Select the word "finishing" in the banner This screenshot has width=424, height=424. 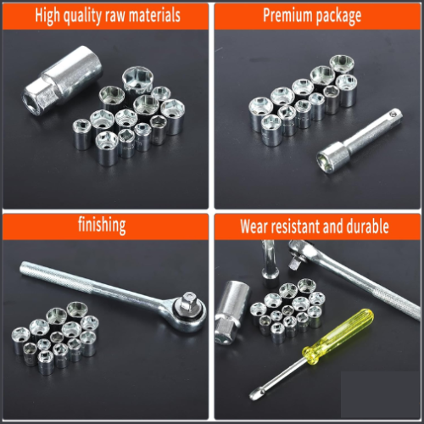[102, 225]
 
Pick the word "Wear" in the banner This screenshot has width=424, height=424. [254, 226]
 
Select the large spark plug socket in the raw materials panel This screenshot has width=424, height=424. [63, 81]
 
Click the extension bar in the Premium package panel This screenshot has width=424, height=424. [359, 141]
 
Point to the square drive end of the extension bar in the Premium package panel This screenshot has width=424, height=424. [393, 116]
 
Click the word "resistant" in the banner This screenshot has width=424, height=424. [295, 226]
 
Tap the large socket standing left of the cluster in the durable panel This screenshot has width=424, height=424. [232, 312]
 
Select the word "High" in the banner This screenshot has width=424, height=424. [47, 16]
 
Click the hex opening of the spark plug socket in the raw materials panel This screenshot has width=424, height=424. [32, 103]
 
